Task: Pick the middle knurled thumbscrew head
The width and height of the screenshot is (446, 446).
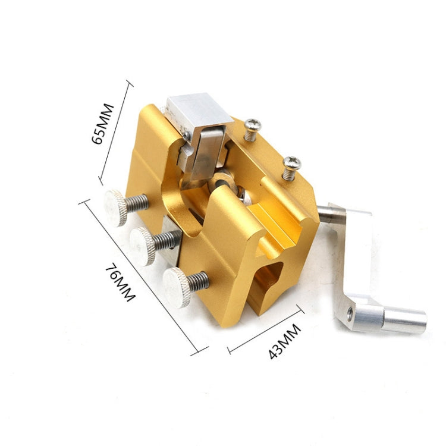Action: pyautogui.click(x=143, y=246)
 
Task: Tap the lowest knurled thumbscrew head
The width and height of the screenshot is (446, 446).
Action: pyautogui.click(x=176, y=287)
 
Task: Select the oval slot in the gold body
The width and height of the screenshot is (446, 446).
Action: pyautogui.click(x=269, y=279)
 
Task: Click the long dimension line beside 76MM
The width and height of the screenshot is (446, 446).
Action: pyautogui.click(x=143, y=277)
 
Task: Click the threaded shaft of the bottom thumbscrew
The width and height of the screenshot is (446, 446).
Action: pyautogui.click(x=198, y=280)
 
